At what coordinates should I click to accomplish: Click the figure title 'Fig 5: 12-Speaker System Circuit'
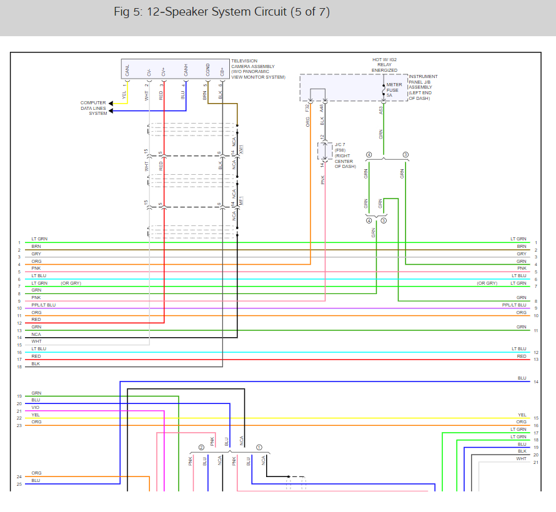(x=222, y=12)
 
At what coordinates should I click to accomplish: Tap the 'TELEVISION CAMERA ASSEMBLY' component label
(x=257, y=69)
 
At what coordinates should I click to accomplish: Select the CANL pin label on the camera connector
(x=127, y=70)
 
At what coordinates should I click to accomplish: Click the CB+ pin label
(x=222, y=71)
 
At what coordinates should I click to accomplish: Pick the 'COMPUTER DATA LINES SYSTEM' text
(x=93, y=108)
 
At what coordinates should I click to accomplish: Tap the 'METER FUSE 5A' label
(x=394, y=90)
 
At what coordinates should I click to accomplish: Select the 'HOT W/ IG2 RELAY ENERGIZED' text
(x=385, y=65)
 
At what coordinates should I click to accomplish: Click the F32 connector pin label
(x=307, y=107)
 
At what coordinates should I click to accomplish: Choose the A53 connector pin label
(x=381, y=108)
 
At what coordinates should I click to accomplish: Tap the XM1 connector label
(x=241, y=150)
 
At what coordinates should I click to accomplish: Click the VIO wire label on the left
(x=35, y=407)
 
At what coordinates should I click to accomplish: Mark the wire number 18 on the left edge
(x=19, y=367)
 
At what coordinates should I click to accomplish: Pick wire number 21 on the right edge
(x=536, y=462)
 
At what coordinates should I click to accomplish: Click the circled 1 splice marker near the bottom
(x=259, y=447)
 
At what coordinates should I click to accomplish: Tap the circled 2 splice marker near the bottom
(x=201, y=447)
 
